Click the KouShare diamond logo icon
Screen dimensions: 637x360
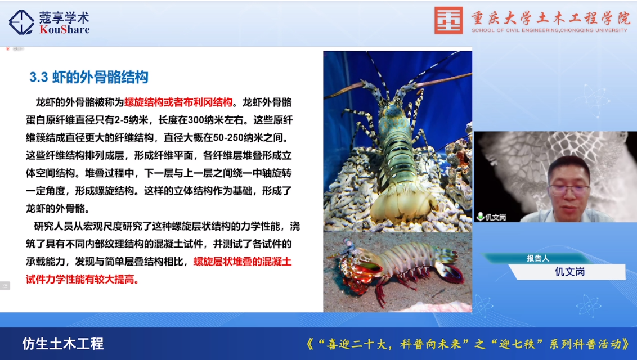tap(21, 22)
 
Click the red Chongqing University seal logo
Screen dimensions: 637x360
tap(448, 20)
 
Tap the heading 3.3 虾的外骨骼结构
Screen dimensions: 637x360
tap(88, 77)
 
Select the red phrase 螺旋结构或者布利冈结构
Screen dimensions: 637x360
tap(178, 102)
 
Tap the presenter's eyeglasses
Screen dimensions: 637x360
tap(569, 189)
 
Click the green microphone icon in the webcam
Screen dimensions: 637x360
tap(480, 217)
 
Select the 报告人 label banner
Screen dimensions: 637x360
tap(537, 258)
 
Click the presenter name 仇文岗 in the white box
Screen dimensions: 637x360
tap(569, 272)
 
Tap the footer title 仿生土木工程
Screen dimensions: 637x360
tap(62, 344)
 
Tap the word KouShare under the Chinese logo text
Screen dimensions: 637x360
tap(65, 30)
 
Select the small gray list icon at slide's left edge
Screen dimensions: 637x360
tap(5, 286)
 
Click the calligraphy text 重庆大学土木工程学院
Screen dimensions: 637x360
tap(550, 18)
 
